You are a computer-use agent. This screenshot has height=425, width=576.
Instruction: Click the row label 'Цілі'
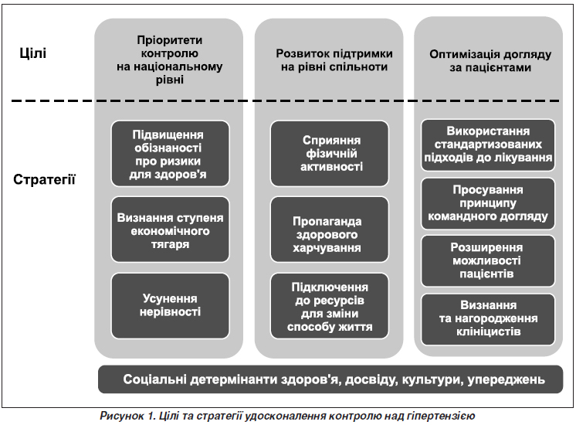pos(32,53)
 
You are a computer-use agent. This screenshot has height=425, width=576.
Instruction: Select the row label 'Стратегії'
pos(44,179)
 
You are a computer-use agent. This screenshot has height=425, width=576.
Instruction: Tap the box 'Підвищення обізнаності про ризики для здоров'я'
pos(170,154)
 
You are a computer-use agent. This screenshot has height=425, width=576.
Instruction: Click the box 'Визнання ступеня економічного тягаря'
pos(170,229)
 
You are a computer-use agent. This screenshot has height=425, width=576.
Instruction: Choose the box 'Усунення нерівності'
pos(170,305)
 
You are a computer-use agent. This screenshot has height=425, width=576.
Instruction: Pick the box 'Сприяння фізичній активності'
pos(330,154)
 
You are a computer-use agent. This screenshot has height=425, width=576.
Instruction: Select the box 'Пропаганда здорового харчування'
pos(330,229)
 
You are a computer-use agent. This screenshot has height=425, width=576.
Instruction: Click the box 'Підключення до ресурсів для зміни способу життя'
pos(330,305)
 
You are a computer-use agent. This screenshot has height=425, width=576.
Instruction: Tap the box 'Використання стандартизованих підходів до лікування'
pos(488,144)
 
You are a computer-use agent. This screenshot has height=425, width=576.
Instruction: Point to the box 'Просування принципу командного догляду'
pos(488,203)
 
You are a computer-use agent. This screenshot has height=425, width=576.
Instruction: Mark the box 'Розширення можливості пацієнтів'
pos(488,260)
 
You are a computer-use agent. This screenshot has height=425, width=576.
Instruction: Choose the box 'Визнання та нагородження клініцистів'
pos(488,319)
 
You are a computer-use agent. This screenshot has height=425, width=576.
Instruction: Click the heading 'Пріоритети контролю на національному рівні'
pos(169,60)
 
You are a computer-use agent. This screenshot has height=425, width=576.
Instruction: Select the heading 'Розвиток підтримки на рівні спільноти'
pos(334,60)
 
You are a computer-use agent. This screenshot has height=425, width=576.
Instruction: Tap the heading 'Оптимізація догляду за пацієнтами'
pos(490,61)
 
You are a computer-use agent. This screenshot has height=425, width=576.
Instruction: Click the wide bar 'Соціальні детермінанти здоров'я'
pos(330,379)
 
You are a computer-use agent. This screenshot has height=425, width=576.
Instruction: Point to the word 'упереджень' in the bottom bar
pos(506,379)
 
